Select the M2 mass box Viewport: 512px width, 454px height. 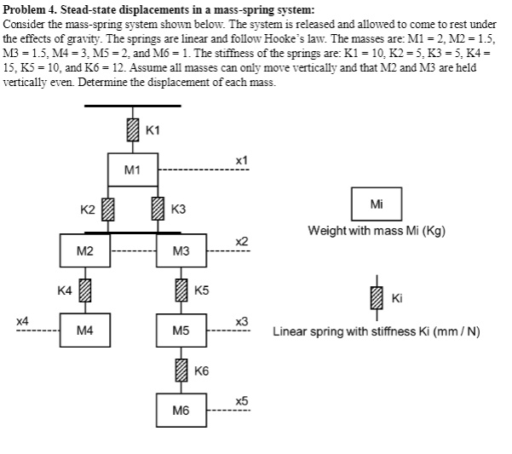[83, 250]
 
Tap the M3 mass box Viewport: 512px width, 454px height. [181, 250]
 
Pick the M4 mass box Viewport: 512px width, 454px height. [83, 330]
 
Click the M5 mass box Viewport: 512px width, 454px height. [181, 330]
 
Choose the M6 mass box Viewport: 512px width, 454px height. [181, 410]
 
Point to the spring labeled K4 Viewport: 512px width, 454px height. [83, 290]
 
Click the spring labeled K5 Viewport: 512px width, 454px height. [181, 290]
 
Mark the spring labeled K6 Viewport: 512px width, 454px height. [181, 370]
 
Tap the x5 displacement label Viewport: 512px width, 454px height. [242, 399]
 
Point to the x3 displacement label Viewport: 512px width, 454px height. [242, 320]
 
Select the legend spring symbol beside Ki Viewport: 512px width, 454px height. [377, 296]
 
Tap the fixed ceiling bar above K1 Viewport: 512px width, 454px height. [132, 106]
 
